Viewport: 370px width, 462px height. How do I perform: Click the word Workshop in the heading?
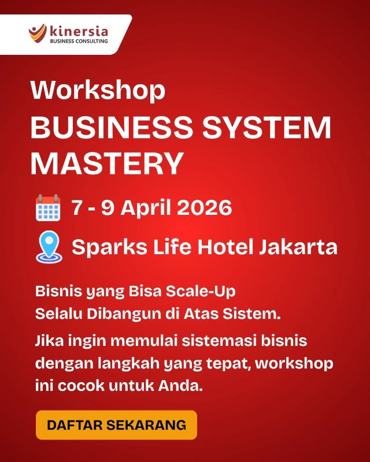coord(98,91)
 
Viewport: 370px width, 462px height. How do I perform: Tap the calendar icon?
coord(48,208)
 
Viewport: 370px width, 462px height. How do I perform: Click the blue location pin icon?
coord(49,247)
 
